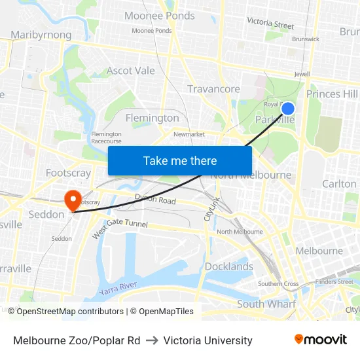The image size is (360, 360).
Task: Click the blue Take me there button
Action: click(180, 160)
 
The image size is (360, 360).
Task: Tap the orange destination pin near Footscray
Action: click(72, 198)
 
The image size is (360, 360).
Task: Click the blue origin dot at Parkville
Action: click(287, 109)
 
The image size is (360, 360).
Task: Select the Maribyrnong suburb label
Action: click(41, 35)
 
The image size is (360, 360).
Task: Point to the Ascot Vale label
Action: click(131, 71)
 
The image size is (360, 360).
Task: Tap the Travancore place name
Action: click(213, 89)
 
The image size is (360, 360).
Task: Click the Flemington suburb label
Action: click(152, 118)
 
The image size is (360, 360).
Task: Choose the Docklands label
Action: click(229, 266)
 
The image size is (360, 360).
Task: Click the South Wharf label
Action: click(266, 304)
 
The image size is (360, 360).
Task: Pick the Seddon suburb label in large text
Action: click(46, 214)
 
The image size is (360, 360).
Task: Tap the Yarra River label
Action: click(118, 287)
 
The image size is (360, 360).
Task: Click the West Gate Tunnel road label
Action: click(120, 229)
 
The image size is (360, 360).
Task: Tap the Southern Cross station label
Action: click(278, 283)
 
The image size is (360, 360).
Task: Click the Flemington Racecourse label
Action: click(106, 137)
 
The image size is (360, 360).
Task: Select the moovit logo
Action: click(320, 340)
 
